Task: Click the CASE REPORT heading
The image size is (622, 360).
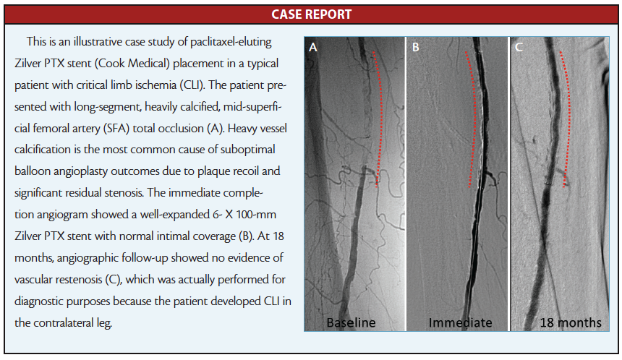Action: click(x=312, y=14)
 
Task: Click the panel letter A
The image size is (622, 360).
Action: click(x=313, y=48)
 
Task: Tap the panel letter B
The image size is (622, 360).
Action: click(x=415, y=47)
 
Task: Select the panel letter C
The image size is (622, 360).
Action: click(x=519, y=47)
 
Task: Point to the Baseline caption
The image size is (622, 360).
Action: click(x=351, y=322)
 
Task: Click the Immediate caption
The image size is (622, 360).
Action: click(x=460, y=322)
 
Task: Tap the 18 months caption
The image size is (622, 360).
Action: click(x=571, y=322)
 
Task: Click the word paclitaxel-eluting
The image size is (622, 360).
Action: click(x=231, y=42)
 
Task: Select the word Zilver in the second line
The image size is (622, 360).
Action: click(x=27, y=63)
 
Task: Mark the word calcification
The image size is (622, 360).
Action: click(x=41, y=150)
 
